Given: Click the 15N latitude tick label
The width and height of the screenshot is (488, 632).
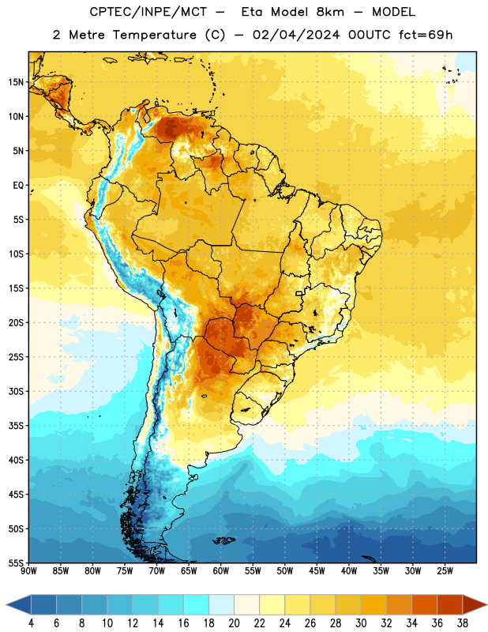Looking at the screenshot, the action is pyautogui.click(x=16, y=82).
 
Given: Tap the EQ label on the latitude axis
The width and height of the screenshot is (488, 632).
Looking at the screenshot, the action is pyautogui.click(x=18, y=186).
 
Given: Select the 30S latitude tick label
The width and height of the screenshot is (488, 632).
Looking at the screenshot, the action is pyautogui.click(x=16, y=391).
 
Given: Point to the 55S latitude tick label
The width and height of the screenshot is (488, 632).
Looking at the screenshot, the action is pyautogui.click(x=16, y=562).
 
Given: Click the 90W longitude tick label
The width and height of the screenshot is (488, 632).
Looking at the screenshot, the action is pyautogui.click(x=28, y=570).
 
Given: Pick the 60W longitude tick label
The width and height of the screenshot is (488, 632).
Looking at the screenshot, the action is pyautogui.click(x=221, y=570).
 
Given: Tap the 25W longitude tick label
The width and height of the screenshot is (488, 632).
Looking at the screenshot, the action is pyautogui.click(x=445, y=570).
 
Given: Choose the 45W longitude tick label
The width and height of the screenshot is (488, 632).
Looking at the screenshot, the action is pyautogui.click(x=317, y=570).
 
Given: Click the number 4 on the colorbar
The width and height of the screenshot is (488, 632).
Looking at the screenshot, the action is pyautogui.click(x=31, y=623).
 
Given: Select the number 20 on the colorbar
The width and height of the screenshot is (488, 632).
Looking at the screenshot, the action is pyautogui.click(x=234, y=623).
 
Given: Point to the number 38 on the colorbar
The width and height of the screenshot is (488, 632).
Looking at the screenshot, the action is pyautogui.click(x=463, y=623).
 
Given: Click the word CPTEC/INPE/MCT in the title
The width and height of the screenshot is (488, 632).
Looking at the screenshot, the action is pyautogui.click(x=148, y=12).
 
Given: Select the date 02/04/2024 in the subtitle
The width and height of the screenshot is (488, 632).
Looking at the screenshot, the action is pyautogui.click(x=296, y=35).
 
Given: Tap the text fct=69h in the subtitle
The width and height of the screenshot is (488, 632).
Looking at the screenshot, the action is pyautogui.click(x=426, y=35).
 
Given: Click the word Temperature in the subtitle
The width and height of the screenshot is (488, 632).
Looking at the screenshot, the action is pyautogui.click(x=154, y=36).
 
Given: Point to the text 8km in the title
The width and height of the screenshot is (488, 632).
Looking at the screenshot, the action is pyautogui.click(x=330, y=12).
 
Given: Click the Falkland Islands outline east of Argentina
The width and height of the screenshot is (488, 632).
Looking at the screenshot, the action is pyautogui.click(x=224, y=540).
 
